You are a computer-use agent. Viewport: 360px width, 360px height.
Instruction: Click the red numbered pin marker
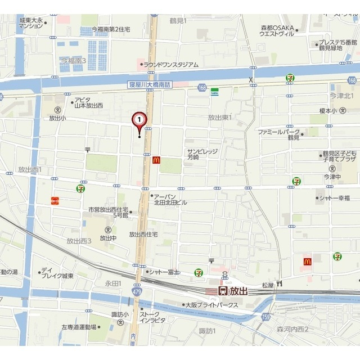tap(139, 120)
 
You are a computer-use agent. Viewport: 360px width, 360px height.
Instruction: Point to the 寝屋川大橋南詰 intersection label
tap(149, 85)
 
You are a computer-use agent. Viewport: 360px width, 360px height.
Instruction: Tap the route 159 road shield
tap(266, 317)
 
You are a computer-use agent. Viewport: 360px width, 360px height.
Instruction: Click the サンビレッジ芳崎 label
tap(201, 155)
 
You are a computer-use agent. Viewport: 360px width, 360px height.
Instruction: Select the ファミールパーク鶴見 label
tap(278, 134)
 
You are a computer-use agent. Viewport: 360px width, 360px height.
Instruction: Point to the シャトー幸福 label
tap(335, 198)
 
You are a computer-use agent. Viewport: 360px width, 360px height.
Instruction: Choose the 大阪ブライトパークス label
tap(213, 305)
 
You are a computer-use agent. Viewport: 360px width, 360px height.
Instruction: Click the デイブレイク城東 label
tap(59, 273)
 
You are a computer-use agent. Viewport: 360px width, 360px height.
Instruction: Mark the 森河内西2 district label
tap(293, 329)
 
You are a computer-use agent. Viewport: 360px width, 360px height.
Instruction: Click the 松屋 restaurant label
tap(268, 286)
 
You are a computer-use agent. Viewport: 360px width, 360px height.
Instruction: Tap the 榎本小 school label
tap(326, 111)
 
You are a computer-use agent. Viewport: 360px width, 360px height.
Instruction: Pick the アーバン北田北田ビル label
tap(173, 199)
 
